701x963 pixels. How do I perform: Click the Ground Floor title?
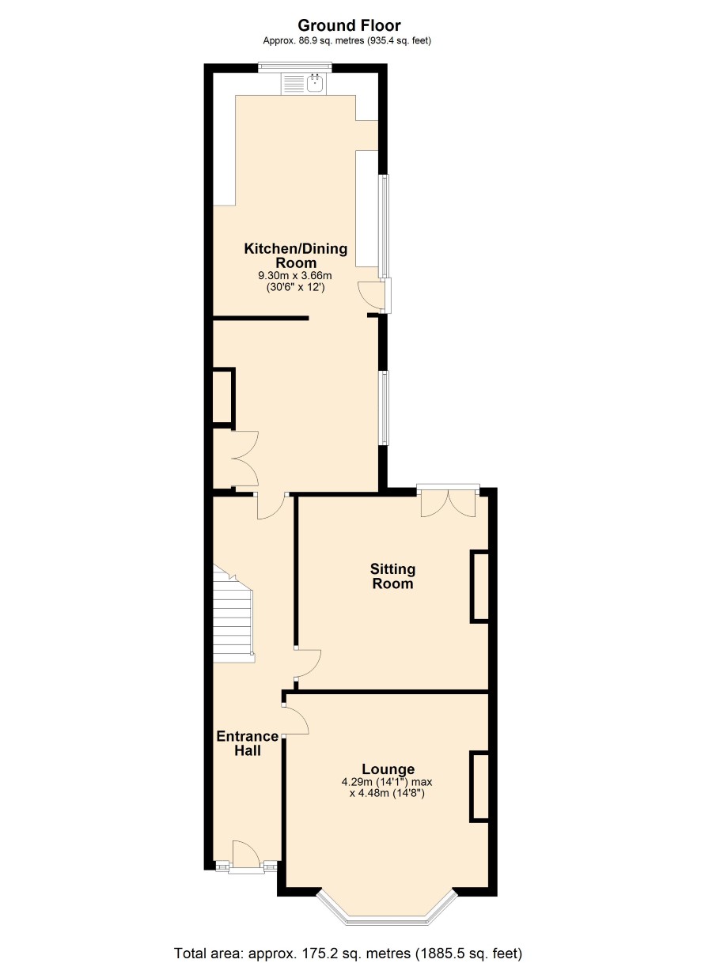coord(349,26)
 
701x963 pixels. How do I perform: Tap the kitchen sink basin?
coord(316,83)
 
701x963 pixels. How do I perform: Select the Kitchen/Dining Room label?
coord(296,255)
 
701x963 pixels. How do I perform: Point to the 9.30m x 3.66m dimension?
coord(295,276)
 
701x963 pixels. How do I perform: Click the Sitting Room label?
coord(392,576)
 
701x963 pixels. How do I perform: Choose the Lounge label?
coord(388,769)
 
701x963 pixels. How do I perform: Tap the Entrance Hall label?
coord(248,743)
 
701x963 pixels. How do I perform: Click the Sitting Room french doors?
coord(448,502)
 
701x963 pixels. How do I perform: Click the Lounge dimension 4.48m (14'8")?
coord(387,794)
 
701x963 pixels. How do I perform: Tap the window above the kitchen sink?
coord(295,66)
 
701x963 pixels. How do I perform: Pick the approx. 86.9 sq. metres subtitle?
coord(347,41)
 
